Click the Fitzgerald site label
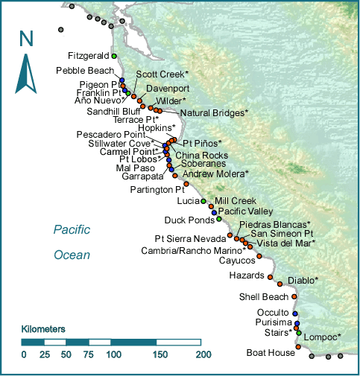coord(88,55)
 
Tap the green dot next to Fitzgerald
coord(114,56)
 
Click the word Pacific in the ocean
coord(72,230)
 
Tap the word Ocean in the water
coord(72,255)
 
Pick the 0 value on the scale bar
coord(24,355)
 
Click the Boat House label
coord(271,353)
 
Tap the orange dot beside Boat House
coord(298,347)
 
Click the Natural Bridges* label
coord(214,113)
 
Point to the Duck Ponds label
coord(192,220)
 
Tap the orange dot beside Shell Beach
coord(294,296)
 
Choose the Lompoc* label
coord(323,337)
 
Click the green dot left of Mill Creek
coord(203,201)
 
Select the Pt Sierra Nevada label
coord(189,238)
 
